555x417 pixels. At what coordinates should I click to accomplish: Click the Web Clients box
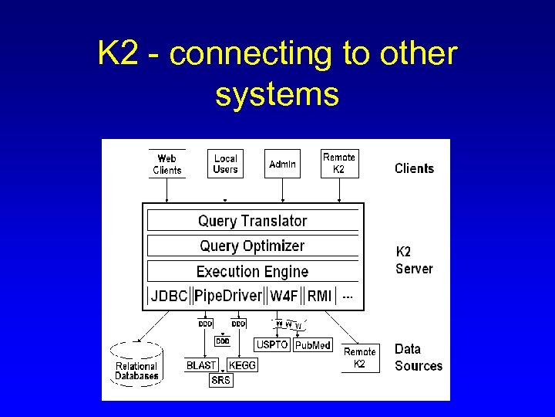167,164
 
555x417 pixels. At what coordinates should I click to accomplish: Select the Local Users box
225,164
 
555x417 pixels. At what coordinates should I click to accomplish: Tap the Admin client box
282,164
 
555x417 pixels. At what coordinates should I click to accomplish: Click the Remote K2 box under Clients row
339,163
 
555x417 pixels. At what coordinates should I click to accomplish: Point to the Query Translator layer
252,221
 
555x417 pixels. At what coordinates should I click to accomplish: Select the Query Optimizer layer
252,246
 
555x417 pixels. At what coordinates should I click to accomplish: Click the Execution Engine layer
252,272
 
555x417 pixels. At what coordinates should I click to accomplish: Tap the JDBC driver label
169,297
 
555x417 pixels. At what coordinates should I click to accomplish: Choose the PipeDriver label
228,297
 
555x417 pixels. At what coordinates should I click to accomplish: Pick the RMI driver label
319,297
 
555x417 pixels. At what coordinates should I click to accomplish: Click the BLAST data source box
202,365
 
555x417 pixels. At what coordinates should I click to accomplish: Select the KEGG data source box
242,365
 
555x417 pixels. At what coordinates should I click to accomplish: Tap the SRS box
221,380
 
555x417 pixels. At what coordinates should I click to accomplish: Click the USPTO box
271,345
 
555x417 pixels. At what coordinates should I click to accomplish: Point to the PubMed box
313,345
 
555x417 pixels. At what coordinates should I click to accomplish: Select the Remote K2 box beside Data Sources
359,358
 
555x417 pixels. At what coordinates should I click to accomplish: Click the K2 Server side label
414,260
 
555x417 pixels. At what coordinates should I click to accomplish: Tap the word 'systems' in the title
277,94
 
